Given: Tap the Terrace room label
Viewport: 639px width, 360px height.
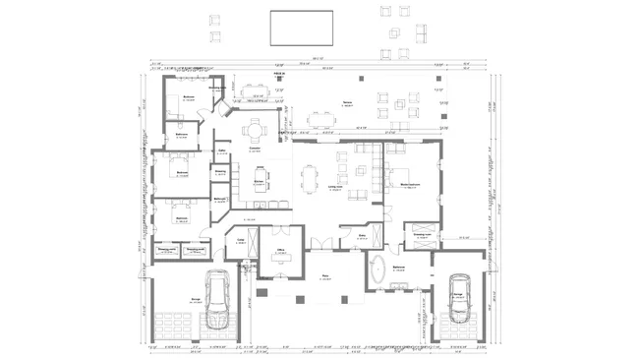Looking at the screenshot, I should click(347, 102).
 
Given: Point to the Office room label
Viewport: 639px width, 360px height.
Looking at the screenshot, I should click(280, 252).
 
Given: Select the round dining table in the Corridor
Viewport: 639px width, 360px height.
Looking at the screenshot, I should click(256, 129).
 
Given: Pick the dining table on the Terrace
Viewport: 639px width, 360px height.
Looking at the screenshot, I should click(320, 118).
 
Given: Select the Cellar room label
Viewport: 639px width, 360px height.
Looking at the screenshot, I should click(241, 239).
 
